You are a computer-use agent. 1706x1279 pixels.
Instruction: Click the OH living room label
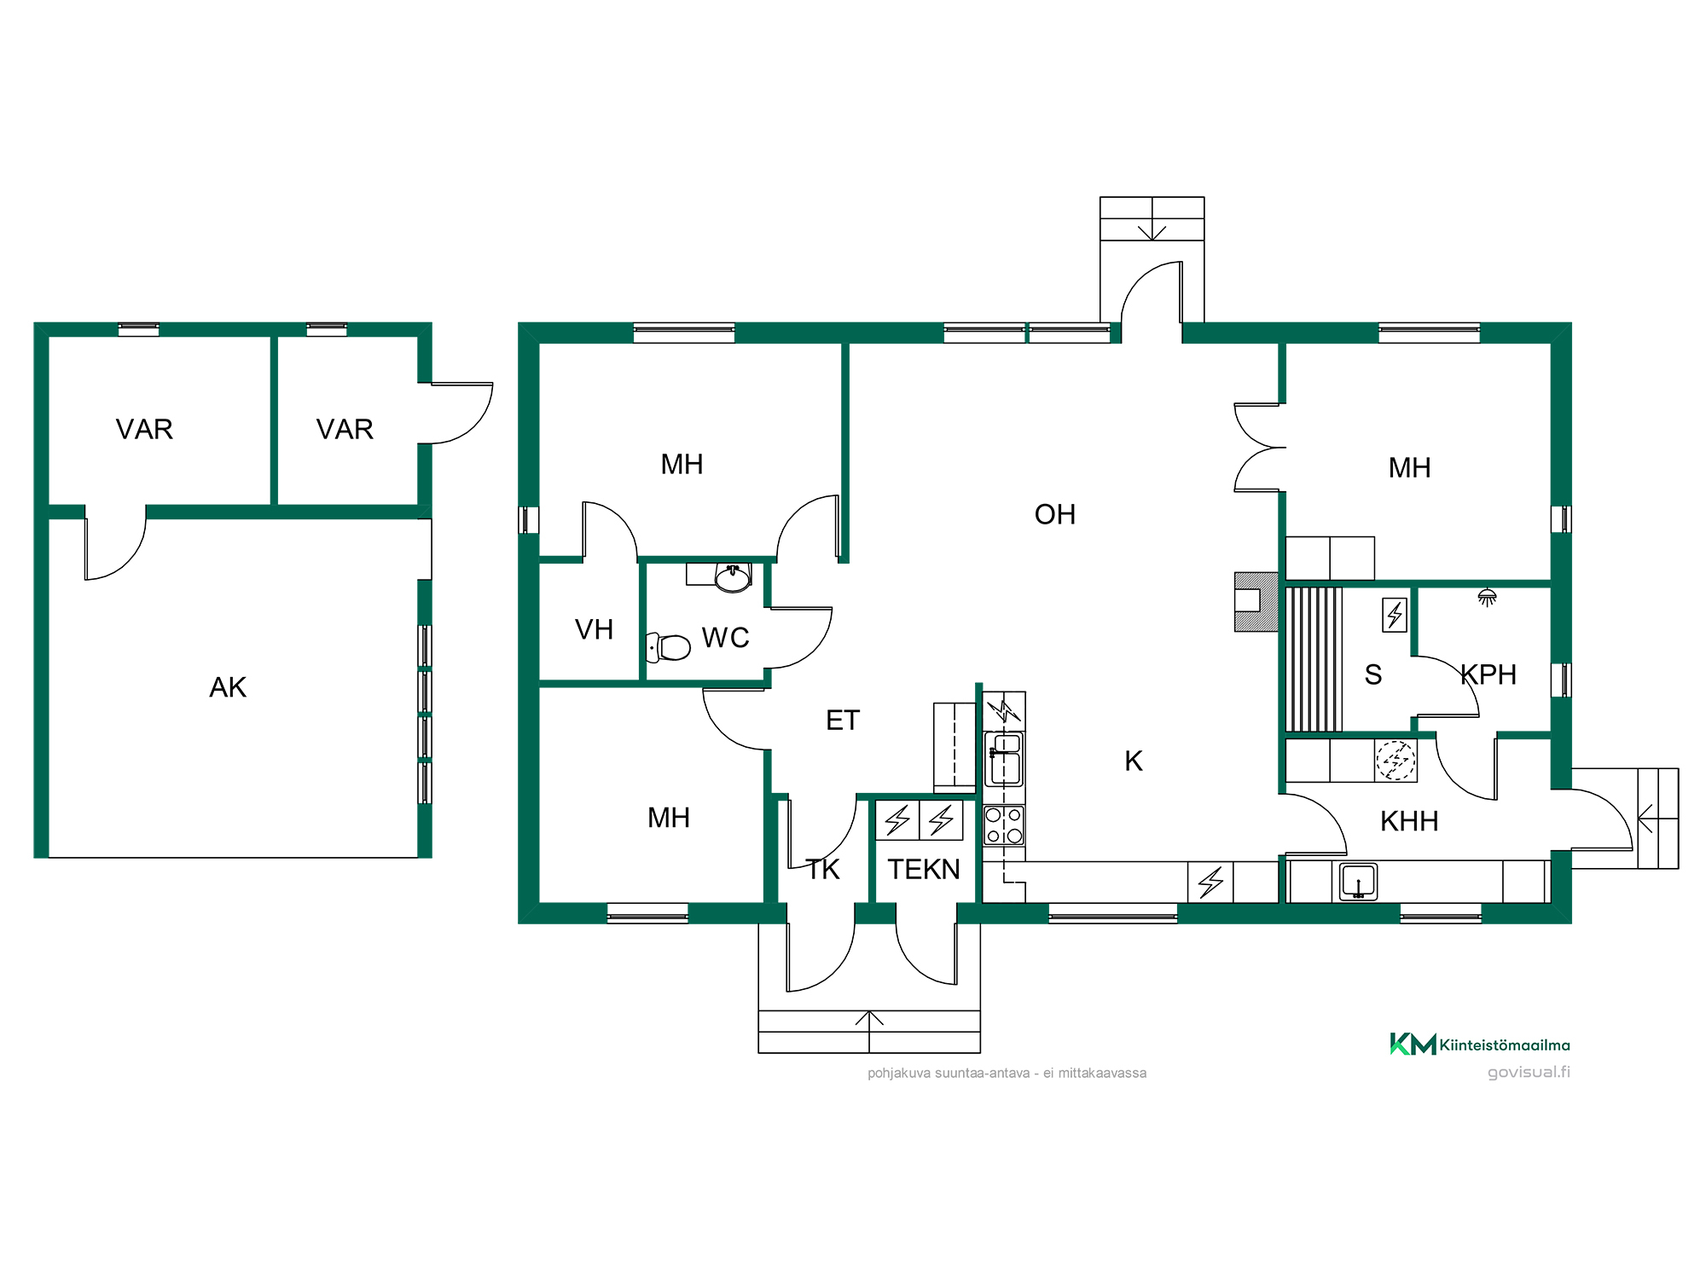pyautogui.click(x=1055, y=514)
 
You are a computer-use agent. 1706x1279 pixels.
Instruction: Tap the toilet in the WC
pyautogui.click(x=669, y=647)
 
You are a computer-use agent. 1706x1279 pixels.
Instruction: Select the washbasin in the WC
pyautogui.click(x=733, y=578)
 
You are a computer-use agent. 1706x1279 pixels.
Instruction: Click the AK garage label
pyautogui.click(x=228, y=687)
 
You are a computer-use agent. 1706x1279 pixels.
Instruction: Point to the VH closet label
pyautogui.click(x=595, y=629)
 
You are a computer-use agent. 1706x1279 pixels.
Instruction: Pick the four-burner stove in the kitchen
pyautogui.click(x=1004, y=825)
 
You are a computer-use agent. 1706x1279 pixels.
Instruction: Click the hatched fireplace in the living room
pyautogui.click(x=1256, y=602)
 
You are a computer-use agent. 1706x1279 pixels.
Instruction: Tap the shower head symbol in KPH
pyautogui.click(x=1488, y=597)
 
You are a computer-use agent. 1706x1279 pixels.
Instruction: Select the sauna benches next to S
pyautogui.click(x=1314, y=659)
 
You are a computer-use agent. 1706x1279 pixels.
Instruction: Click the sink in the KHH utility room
pyautogui.click(x=1358, y=882)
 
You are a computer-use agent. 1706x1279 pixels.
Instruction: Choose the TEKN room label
pyautogui.click(x=924, y=869)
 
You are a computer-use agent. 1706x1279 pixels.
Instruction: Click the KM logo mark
pyautogui.click(x=1413, y=1044)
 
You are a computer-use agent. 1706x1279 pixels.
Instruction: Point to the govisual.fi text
pyautogui.click(x=1529, y=1072)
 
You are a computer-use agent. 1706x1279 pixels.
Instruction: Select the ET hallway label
pyautogui.click(x=843, y=721)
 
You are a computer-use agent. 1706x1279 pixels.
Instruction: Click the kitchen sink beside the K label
pyautogui.click(x=1004, y=759)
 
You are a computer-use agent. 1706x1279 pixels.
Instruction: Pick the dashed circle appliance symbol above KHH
pyautogui.click(x=1396, y=760)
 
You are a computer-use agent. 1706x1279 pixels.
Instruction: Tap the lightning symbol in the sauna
pyautogui.click(x=1395, y=615)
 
